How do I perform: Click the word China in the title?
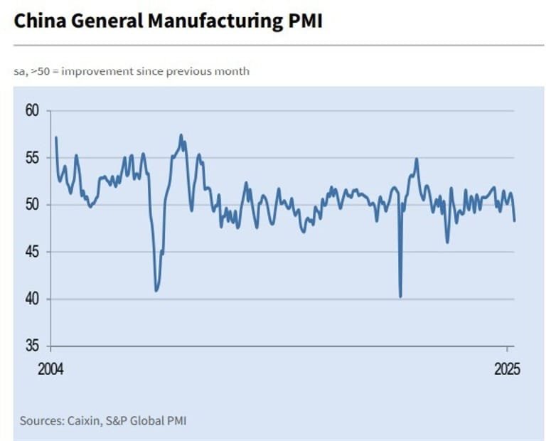coord(36,21)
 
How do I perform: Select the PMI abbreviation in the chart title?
coord(304,21)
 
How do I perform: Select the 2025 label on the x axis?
coord(507,370)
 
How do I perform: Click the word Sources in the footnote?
coord(40,420)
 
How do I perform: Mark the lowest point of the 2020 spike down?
coord(401,297)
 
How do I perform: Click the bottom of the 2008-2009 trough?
coord(156,291)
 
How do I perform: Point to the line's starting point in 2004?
coord(55,137)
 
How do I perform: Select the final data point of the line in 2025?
coord(515,220)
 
